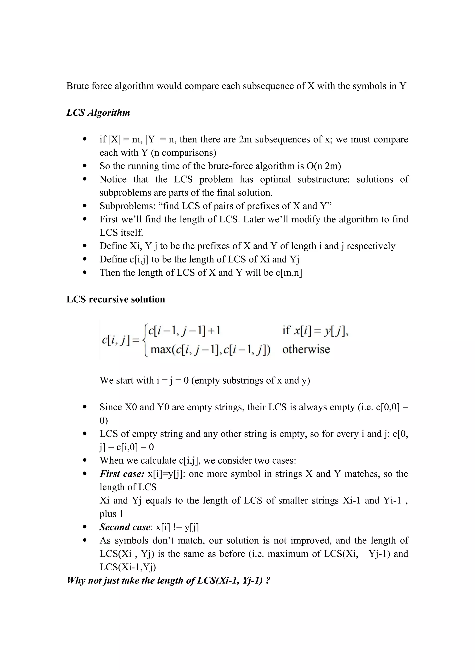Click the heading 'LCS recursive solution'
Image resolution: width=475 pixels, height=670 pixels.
(116, 299)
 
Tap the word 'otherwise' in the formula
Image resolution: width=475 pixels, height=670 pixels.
(306, 349)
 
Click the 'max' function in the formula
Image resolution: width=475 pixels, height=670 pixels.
(161, 349)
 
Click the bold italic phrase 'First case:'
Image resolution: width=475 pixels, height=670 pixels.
(122, 474)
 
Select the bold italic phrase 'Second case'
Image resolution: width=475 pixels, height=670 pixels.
(125, 527)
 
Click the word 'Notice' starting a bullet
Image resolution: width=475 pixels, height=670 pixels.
(113, 179)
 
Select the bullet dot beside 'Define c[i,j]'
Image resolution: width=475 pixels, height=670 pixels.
(85, 259)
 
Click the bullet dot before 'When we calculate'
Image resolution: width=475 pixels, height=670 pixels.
(85, 461)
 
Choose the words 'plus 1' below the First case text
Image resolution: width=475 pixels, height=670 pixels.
(111, 514)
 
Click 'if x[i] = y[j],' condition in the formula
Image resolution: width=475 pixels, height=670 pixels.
(315, 331)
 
